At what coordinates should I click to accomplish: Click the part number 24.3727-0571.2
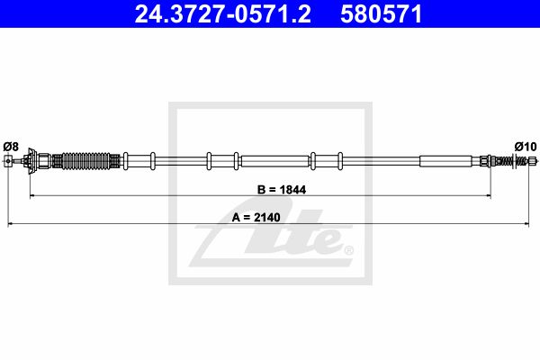(x=223, y=14)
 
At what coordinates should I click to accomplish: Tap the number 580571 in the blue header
(x=381, y=14)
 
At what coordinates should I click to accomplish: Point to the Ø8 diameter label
(x=11, y=147)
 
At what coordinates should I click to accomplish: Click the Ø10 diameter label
(x=526, y=147)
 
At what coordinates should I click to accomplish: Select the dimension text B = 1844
(x=282, y=190)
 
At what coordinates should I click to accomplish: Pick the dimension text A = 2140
(x=256, y=218)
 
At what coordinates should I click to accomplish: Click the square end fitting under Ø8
(x=8, y=161)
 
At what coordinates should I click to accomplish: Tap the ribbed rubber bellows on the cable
(x=85, y=161)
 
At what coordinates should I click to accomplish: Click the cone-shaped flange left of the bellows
(x=32, y=161)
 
